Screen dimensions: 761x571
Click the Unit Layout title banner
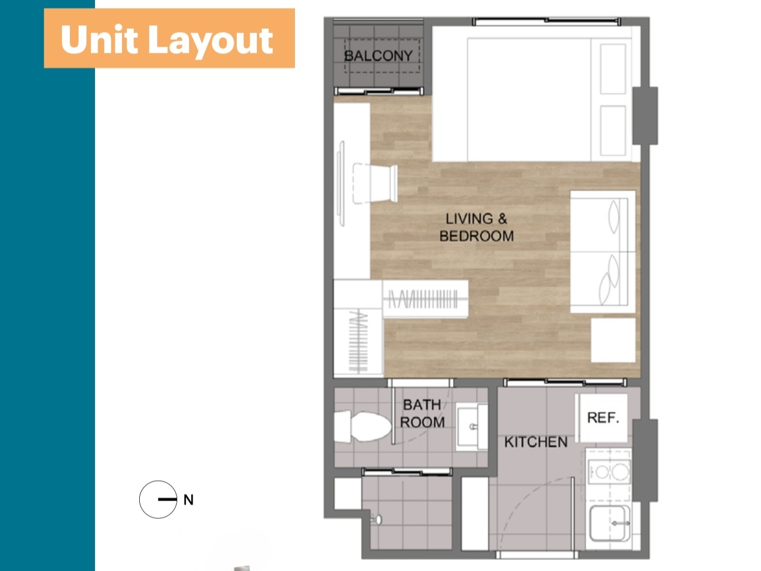[x=169, y=38]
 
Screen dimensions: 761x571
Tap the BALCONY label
[x=378, y=56]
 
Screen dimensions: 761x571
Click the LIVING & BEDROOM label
[x=476, y=228]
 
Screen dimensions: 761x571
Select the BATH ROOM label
[x=423, y=413]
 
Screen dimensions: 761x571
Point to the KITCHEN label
[x=536, y=442]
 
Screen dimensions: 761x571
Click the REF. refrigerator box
[x=603, y=418]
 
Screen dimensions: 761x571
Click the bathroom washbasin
[x=472, y=426]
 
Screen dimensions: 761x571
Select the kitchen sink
[x=610, y=524]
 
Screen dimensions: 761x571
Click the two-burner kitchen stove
[x=609, y=472]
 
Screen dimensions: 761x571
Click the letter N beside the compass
[x=188, y=500]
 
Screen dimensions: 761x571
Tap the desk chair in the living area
[x=375, y=183]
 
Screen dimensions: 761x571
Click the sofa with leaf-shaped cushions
[x=603, y=251]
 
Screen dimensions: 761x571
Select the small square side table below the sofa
[x=613, y=340]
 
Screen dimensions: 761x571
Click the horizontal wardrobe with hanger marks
[x=426, y=299]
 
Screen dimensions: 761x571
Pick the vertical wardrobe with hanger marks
[x=358, y=342]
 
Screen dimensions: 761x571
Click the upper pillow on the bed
[x=613, y=69]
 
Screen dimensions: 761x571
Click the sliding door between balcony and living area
[x=378, y=91]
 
